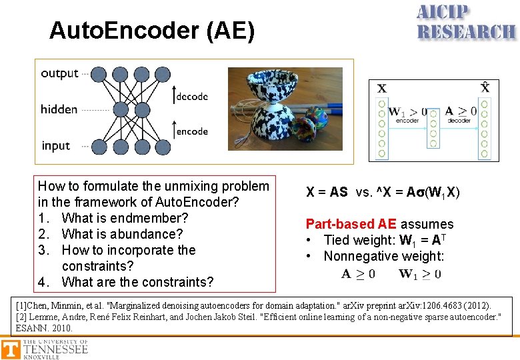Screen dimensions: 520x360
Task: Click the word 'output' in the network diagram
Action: click(59, 73)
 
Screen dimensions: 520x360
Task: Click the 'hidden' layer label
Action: click(59, 109)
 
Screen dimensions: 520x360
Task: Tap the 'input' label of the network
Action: click(55, 145)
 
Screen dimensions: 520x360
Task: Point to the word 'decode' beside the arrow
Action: click(192, 97)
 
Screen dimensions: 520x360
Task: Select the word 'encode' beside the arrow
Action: click(192, 131)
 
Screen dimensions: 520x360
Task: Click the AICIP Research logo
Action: click(465, 23)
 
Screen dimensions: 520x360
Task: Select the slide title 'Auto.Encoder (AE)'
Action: click(152, 31)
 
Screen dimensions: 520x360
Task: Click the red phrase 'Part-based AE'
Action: click(351, 224)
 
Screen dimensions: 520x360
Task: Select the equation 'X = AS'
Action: click(327, 192)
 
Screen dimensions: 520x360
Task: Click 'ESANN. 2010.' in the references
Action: click(44, 328)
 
